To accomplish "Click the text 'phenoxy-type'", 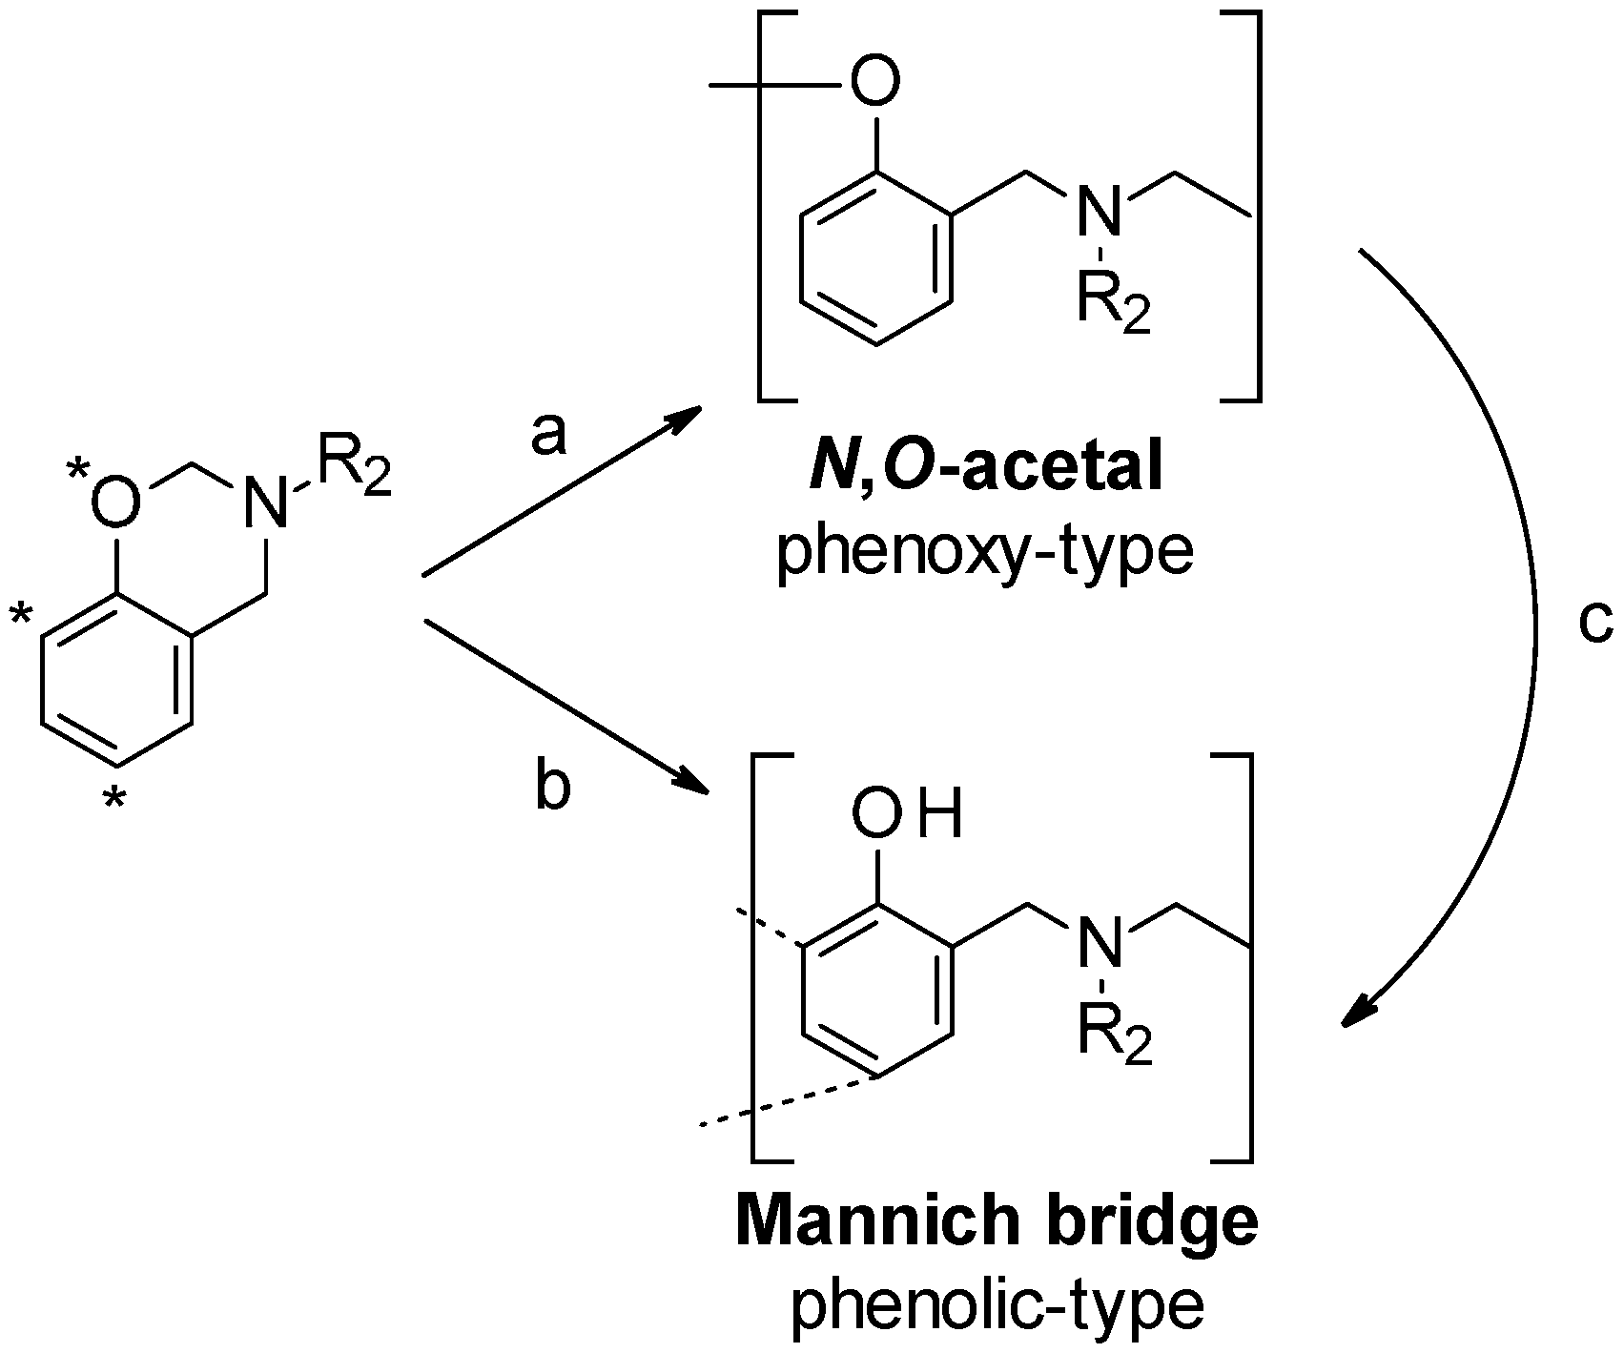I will (985, 553).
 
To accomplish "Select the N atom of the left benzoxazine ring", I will (265, 503).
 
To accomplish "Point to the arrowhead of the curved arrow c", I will (1358, 1014).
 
